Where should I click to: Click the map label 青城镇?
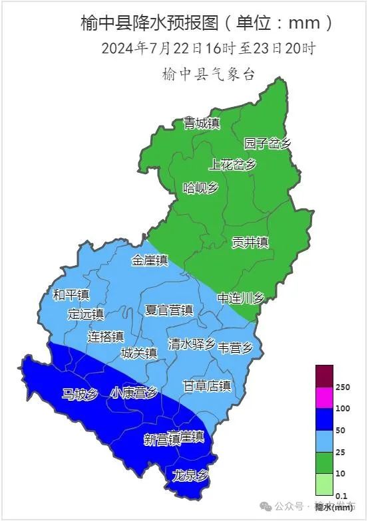coord(202,123)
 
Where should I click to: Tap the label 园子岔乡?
coord(268,144)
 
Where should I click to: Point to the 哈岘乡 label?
coord(200,188)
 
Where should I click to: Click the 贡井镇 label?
coord(250,242)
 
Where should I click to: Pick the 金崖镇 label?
coord(150,260)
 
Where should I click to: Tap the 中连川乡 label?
coord(241,299)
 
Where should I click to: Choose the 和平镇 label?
coord(71,294)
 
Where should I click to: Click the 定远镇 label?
coord(86,314)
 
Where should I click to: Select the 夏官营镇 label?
coord(169,310)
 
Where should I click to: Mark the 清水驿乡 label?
coord(192,344)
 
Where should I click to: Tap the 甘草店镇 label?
coord(206,385)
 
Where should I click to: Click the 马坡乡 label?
coord(80,395)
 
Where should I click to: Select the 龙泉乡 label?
coord(190,475)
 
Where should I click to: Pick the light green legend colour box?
coord(324,484)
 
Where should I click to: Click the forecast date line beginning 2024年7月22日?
coord(208,49)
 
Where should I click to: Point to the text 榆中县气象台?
coord(208,74)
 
